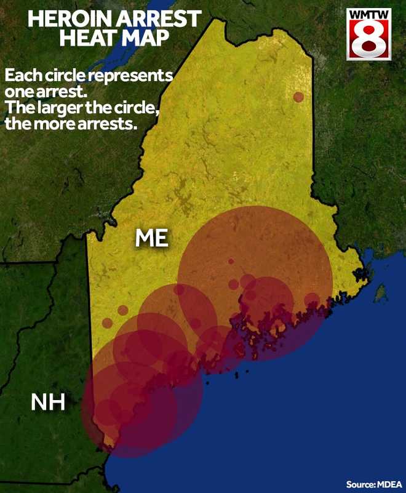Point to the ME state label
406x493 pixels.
(x=152, y=238)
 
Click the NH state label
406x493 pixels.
(x=47, y=404)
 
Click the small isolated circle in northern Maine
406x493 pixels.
(x=298, y=97)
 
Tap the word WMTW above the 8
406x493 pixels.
(x=368, y=14)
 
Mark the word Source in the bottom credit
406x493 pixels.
(x=359, y=484)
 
